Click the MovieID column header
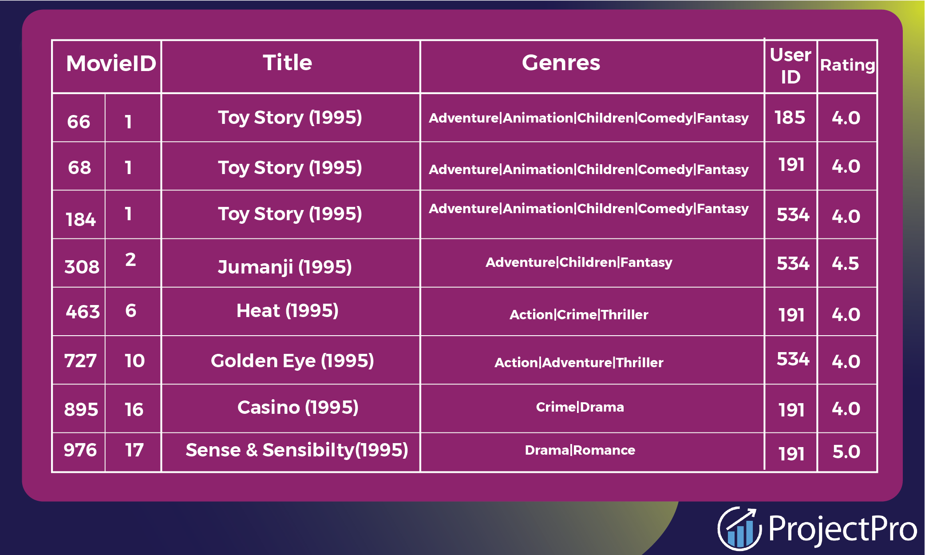point(111,63)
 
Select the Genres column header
point(561,63)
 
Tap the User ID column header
point(791,66)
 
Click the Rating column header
point(847,65)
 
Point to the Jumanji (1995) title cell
point(285,267)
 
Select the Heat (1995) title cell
point(287,311)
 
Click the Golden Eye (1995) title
point(292,361)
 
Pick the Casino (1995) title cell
point(298,408)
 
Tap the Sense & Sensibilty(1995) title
point(296,450)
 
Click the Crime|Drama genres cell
point(580,407)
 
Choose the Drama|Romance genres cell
point(580,450)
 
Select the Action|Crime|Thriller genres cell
point(579,315)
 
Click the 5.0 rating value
point(846,452)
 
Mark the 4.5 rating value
point(845,264)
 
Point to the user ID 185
point(790,118)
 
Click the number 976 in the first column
point(80,450)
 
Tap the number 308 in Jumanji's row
point(82,267)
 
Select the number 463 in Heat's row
point(83,312)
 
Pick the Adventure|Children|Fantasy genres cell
point(579,262)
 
